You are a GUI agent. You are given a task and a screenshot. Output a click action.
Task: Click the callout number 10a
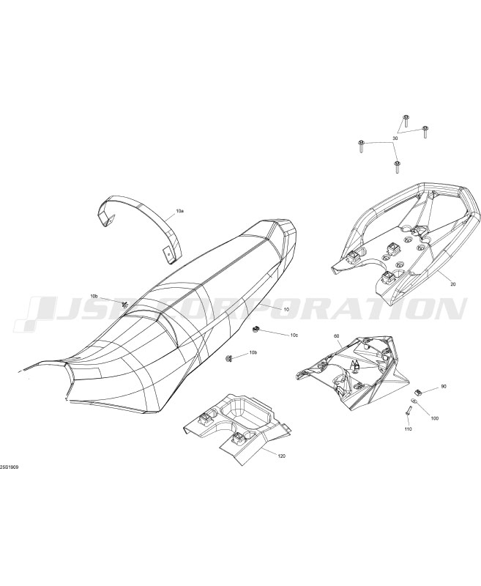pyautogui.click(x=180, y=211)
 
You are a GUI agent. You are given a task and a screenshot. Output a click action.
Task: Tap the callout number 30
pyautogui.click(x=395, y=138)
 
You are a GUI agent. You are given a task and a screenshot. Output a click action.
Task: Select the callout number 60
pyautogui.click(x=337, y=336)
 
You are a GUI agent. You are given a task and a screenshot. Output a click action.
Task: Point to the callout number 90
pyautogui.click(x=444, y=387)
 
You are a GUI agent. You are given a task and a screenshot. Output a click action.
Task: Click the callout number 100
pyautogui.click(x=435, y=418)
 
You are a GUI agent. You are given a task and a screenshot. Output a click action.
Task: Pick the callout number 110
pyautogui.click(x=408, y=429)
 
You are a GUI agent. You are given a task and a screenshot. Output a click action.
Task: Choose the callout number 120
pyautogui.click(x=282, y=456)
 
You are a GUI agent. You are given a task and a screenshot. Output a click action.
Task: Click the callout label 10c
pyautogui.click(x=294, y=335)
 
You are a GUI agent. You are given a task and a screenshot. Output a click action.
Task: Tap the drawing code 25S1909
pyautogui.click(x=10, y=467)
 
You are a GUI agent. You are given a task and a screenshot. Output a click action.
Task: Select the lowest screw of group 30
pyautogui.click(x=397, y=167)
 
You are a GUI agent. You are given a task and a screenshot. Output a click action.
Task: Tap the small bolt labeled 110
pyautogui.click(x=407, y=411)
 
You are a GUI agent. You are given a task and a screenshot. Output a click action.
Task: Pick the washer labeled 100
pyautogui.click(x=413, y=401)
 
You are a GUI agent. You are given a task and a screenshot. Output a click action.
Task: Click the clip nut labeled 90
pyautogui.click(x=419, y=392)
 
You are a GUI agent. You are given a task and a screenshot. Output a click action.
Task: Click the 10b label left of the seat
pyautogui.click(x=94, y=297)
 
